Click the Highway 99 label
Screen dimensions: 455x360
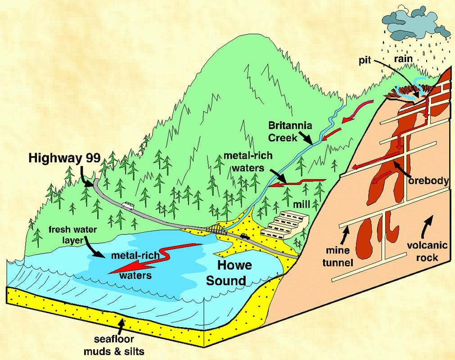64,158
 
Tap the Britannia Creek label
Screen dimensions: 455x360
290,131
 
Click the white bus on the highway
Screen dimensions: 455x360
128,206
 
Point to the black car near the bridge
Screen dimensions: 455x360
245,236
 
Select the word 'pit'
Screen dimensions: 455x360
365,61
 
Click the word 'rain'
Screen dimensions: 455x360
403,59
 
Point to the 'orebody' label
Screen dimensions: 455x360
428,181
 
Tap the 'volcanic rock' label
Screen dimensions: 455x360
427,251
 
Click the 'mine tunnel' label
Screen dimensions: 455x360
338,256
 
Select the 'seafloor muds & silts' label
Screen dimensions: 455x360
114,346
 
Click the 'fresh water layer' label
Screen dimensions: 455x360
72,235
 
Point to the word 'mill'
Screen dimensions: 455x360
301,204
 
